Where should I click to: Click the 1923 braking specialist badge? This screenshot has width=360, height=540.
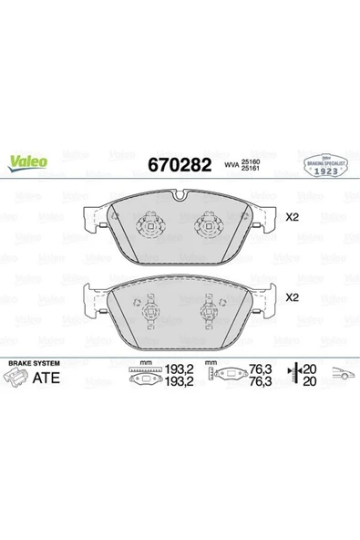point(322,166)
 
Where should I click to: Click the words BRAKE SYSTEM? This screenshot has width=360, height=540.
point(35,363)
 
